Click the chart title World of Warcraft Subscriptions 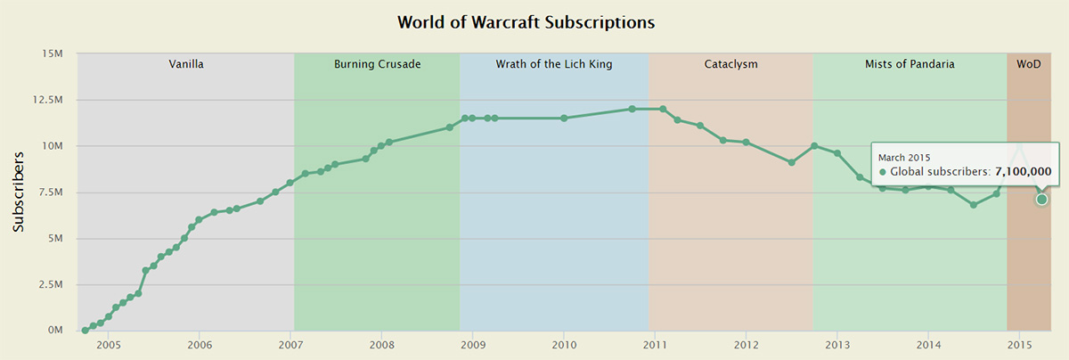[526, 21]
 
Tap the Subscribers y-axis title [19, 192]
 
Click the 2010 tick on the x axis [564, 346]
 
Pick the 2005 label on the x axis [108, 346]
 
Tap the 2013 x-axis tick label [837, 346]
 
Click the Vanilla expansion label [186, 64]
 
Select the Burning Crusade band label [377, 64]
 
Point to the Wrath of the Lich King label [553, 64]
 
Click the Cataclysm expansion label [730, 64]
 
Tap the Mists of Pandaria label [910, 64]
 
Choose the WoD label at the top [1028, 64]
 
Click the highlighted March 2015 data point [1041, 199]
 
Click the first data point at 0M [85, 331]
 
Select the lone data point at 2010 [564, 118]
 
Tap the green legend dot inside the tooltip [882, 172]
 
